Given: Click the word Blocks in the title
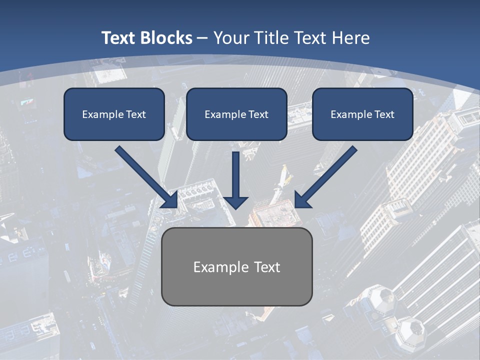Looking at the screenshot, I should coord(166,38).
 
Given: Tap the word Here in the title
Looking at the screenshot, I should coord(349,38).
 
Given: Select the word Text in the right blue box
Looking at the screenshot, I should coord(384,114).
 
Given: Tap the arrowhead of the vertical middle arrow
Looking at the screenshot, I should coord(236,202).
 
